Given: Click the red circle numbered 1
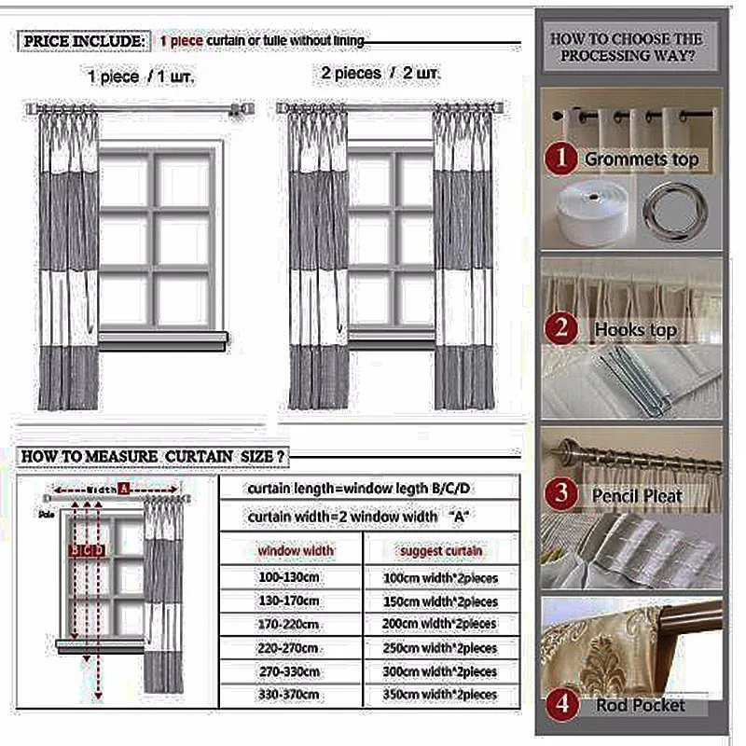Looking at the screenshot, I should click(x=561, y=159).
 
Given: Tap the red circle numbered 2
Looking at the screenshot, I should click(x=561, y=328).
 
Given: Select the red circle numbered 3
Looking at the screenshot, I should click(x=561, y=494).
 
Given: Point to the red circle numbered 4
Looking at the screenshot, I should click(x=561, y=704).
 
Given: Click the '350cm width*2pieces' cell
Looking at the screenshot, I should click(x=440, y=695).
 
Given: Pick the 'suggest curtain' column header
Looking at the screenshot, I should click(x=441, y=551).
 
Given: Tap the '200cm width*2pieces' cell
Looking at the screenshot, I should click(x=440, y=625).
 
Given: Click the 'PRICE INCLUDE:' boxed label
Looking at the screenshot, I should click(x=84, y=42).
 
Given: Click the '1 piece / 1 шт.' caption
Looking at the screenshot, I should click(x=141, y=77).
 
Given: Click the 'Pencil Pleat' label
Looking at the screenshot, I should click(x=637, y=496).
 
